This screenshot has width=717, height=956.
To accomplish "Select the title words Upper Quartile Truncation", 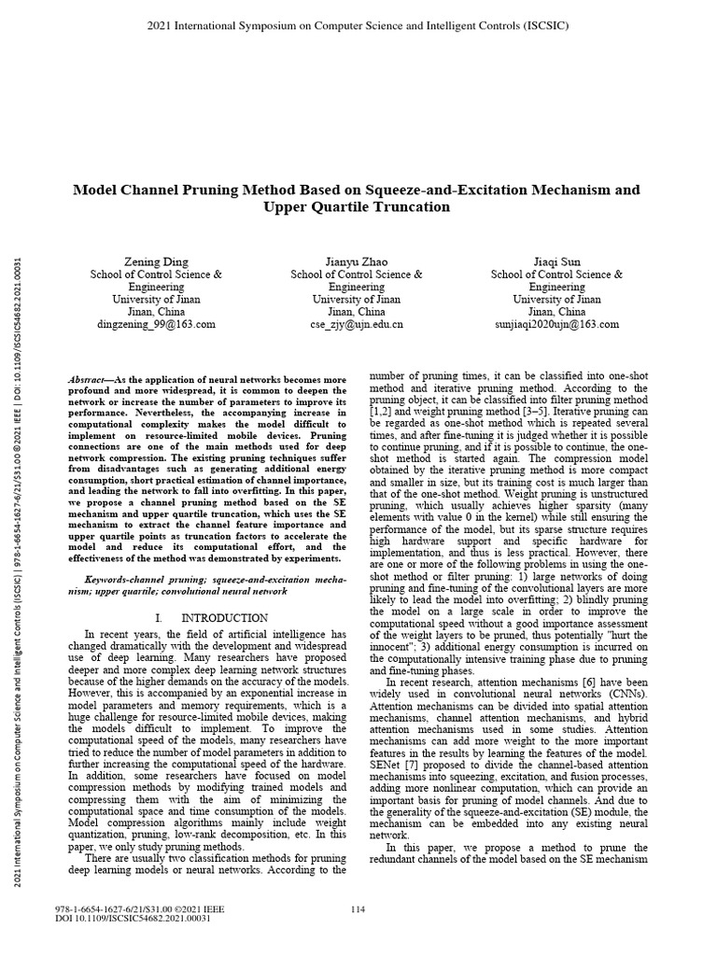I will click(x=358, y=207).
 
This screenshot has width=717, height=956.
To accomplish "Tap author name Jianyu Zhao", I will click(x=357, y=261).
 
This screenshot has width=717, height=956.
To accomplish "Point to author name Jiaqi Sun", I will click(x=557, y=261).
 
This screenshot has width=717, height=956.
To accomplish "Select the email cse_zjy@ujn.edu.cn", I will click(x=357, y=324).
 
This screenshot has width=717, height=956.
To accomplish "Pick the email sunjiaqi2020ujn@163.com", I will click(x=557, y=324).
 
